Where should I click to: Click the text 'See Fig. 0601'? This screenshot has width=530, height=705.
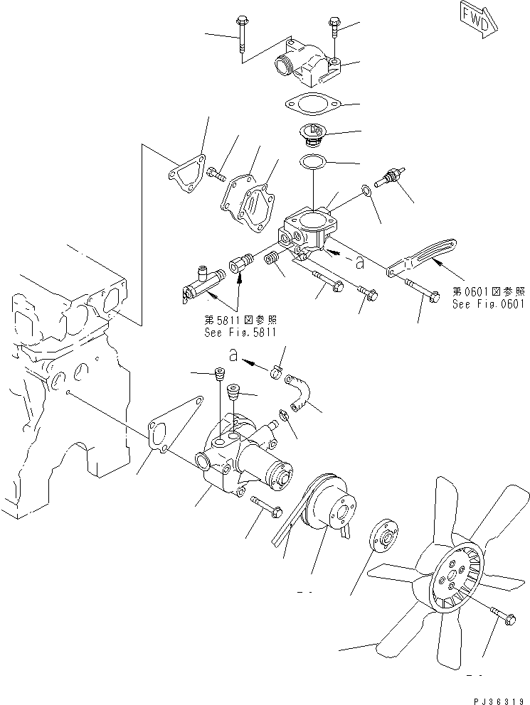(x=488, y=303)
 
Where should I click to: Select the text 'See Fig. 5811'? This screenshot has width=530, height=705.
(x=240, y=332)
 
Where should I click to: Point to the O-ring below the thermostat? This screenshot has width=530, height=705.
(x=313, y=162)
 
